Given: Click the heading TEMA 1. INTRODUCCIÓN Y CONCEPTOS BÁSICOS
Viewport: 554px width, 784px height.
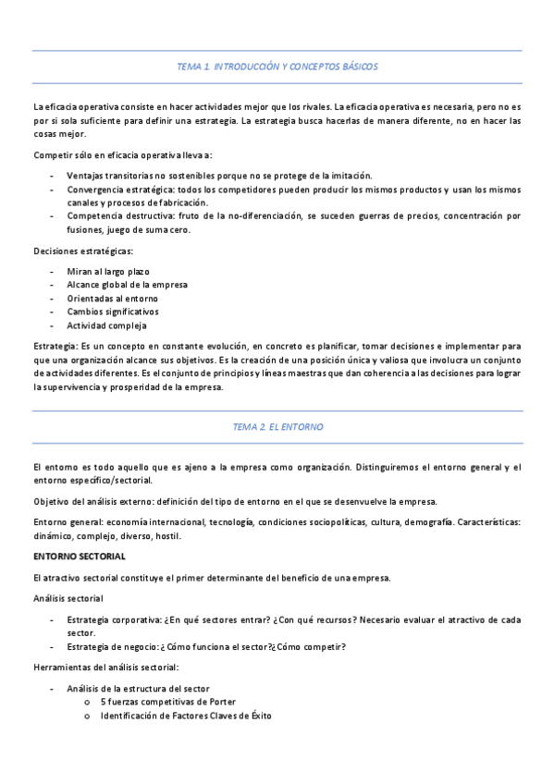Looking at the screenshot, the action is (277, 67).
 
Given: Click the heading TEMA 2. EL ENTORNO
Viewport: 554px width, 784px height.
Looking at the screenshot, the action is (277, 427).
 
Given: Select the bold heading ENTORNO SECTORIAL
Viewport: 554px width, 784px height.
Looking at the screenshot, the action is (80, 556).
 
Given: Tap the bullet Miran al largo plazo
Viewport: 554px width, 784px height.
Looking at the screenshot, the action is (108, 272).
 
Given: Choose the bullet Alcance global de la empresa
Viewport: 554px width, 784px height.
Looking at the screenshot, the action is (127, 285).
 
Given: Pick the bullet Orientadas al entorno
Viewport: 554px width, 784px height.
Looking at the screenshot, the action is (112, 299).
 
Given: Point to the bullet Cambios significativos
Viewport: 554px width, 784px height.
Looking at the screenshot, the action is (113, 312).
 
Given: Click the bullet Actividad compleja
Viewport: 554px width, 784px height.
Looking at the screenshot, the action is (106, 325).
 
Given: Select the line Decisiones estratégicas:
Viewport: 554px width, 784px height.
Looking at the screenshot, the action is (82, 251).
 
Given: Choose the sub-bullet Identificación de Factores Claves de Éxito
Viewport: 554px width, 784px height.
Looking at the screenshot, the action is (186, 716).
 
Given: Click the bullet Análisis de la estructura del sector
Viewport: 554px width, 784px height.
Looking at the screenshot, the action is (138, 688).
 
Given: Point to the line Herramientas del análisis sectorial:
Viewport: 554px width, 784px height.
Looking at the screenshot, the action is (105, 667).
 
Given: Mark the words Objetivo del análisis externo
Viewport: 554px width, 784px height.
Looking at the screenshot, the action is (91, 501).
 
